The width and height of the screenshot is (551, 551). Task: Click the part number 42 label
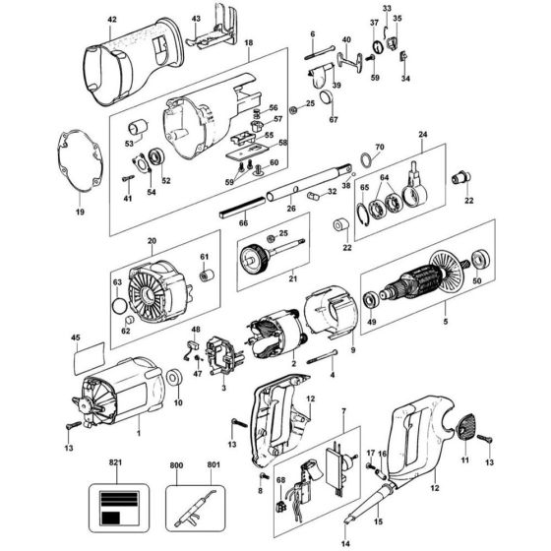click(112, 20)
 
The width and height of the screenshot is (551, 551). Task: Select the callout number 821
click(115, 462)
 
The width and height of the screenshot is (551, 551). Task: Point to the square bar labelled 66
click(242, 208)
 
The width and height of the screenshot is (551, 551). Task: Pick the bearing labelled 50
click(481, 260)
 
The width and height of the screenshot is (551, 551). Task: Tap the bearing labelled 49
click(371, 300)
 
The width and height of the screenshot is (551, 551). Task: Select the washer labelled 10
click(173, 378)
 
